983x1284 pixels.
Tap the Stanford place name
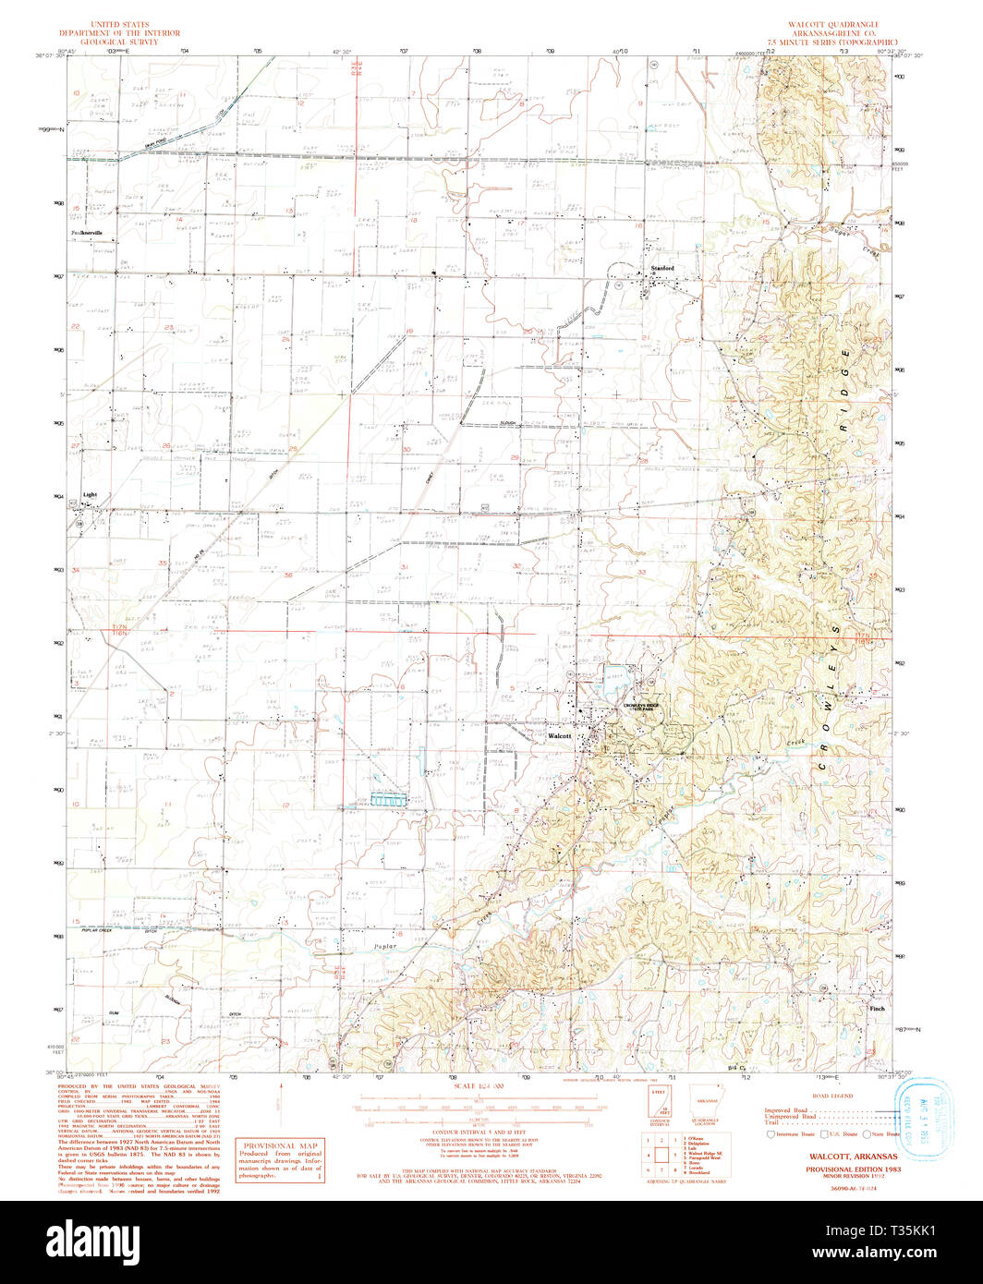662,268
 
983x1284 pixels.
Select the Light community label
90,494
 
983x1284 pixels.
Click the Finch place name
877,1009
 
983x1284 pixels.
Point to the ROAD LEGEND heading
835,1096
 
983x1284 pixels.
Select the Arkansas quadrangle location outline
707,1105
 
